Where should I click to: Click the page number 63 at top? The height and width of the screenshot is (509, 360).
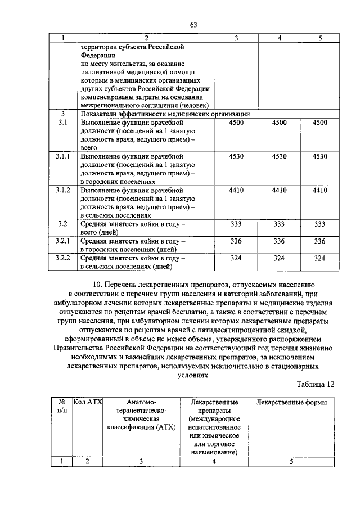(x=193, y=24)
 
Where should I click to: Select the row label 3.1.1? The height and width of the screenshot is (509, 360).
(x=63, y=157)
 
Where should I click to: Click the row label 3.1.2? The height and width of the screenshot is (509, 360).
(x=63, y=191)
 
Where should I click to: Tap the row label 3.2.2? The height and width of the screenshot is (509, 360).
(x=63, y=258)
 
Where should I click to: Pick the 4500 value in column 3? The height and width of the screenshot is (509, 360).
(x=236, y=123)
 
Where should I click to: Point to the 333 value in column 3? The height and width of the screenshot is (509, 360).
(x=236, y=224)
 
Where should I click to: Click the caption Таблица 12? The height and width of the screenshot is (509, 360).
(x=315, y=384)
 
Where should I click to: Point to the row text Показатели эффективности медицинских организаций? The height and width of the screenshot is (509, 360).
(x=165, y=114)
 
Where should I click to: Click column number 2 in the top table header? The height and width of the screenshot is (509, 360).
(x=146, y=38)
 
